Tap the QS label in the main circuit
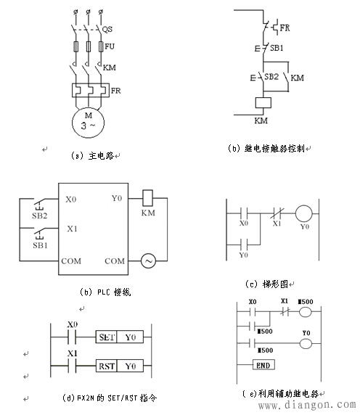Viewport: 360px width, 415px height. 107,30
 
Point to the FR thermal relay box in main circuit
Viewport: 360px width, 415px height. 90,91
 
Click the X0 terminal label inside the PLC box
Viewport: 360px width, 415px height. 70,198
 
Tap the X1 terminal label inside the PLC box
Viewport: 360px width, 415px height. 70,228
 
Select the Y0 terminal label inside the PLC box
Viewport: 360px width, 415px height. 116,197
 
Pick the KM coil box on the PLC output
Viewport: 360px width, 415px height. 147,196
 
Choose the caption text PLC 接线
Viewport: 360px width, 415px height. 109,292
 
